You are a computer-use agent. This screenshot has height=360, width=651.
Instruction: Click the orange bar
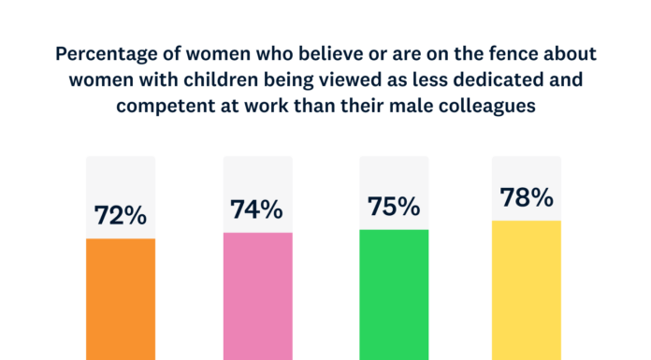[x=121, y=298]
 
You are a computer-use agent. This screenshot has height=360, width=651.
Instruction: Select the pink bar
[x=257, y=295]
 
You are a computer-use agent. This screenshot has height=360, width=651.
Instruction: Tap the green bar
[x=394, y=294]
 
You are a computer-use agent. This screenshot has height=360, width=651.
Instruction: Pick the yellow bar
[x=527, y=290]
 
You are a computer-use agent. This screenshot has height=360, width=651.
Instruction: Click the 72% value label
[x=121, y=215]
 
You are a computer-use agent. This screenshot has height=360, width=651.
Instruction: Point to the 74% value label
[x=257, y=209]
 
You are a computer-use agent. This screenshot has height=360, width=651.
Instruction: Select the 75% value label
[x=394, y=207]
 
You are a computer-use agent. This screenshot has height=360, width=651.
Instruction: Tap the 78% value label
[x=527, y=198]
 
